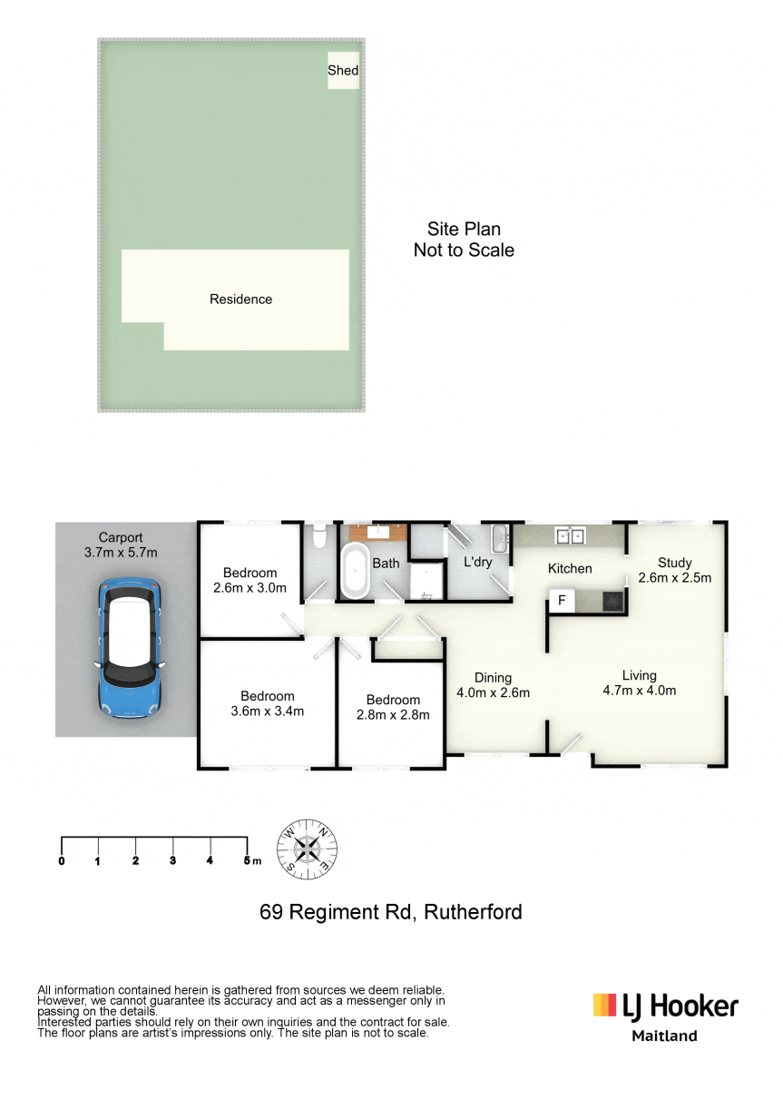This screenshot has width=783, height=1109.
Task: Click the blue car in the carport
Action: (x=130, y=648)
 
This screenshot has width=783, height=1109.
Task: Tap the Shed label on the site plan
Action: (x=343, y=70)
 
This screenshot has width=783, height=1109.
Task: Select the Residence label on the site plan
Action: (x=240, y=299)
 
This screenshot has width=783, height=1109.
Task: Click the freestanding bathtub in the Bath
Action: (x=356, y=571)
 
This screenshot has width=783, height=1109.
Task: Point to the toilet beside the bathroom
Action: (x=320, y=536)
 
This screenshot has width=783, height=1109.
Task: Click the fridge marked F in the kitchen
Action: (x=562, y=601)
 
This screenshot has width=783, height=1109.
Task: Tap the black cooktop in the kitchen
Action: (x=613, y=602)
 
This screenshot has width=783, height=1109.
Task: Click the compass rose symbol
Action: (x=307, y=849)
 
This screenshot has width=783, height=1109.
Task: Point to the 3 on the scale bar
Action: (x=172, y=861)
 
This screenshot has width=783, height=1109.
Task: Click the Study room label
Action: (x=675, y=563)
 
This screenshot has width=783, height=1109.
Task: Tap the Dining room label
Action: (x=493, y=678)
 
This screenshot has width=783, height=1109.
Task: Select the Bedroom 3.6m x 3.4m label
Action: (x=268, y=703)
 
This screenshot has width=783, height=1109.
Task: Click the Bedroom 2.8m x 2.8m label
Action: (x=393, y=707)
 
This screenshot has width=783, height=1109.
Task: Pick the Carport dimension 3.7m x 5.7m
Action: (x=121, y=553)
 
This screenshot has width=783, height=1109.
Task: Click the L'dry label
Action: (x=477, y=563)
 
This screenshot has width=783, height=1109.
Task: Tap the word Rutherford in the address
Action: (x=474, y=912)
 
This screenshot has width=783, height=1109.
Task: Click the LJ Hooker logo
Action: (x=666, y=1015)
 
